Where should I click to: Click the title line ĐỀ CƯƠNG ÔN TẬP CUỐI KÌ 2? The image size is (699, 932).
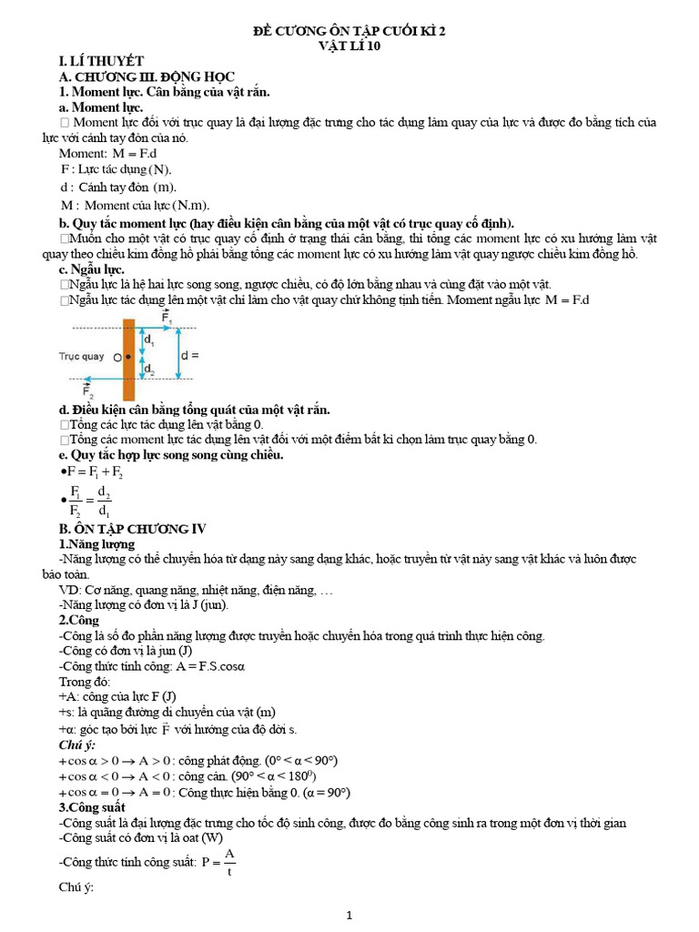tap(349, 32)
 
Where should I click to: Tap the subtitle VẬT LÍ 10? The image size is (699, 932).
tap(349, 46)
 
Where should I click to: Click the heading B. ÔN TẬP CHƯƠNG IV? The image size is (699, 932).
tap(133, 529)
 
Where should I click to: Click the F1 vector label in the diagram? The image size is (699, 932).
tap(166, 316)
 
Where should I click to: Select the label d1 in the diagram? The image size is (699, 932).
tap(149, 342)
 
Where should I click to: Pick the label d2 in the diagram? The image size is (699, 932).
tap(149, 369)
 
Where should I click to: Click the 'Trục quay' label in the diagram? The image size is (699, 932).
tap(81, 357)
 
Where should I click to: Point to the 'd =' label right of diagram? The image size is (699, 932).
tap(189, 356)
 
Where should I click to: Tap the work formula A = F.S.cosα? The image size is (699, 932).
tap(198, 666)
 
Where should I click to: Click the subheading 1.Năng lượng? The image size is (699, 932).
tap(96, 543)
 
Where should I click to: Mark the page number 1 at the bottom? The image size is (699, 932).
tap(349, 915)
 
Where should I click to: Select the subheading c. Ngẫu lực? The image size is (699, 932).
tap(91, 269)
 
